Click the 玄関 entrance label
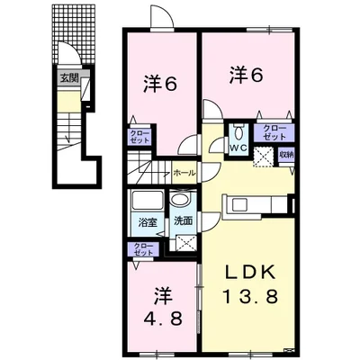69,78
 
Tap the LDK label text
251,273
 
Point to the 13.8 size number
249,296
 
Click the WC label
238,148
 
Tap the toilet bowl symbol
238,131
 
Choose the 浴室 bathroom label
148,223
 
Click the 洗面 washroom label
184,221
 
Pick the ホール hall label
184,173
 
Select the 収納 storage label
286,155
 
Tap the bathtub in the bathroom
147,200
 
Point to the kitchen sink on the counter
238,205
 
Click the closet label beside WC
274,132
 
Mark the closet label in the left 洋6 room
139,137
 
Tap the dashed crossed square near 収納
264,157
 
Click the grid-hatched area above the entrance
74,34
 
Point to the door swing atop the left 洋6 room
162,17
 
